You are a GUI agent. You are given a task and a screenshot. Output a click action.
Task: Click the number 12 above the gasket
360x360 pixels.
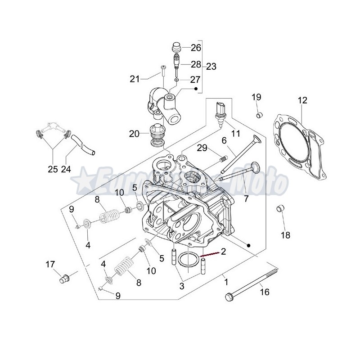pos(302,100)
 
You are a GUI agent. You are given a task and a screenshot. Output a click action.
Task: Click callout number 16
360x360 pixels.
pos(264,292)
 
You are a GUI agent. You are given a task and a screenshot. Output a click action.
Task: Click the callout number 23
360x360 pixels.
pos(211,67)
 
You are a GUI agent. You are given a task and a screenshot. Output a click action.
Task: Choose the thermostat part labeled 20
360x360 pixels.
pos(157,134)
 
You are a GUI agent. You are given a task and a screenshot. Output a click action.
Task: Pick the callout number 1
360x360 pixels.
pos(226,283)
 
